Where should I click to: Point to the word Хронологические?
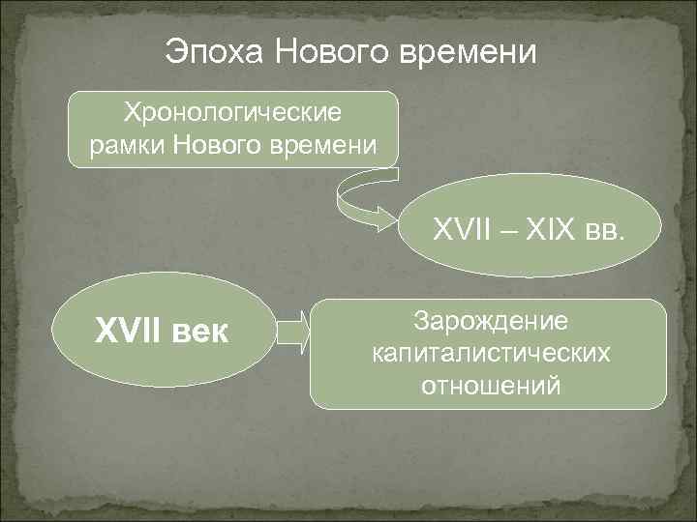click(x=232, y=113)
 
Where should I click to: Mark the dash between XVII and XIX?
click(x=506, y=232)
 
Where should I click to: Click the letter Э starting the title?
click(x=174, y=50)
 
